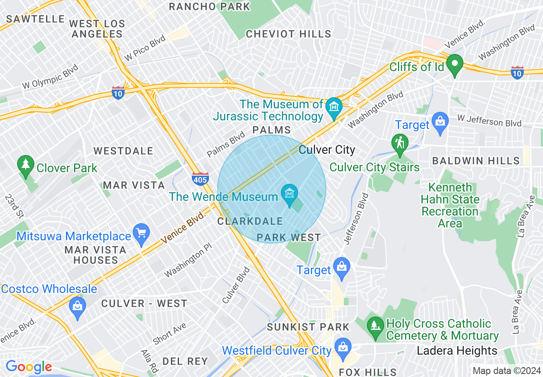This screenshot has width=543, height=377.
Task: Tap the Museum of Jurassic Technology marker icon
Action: coord(333,107)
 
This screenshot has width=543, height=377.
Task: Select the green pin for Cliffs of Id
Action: coord(454,65)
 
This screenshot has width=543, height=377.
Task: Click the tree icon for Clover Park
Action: coord(26,165)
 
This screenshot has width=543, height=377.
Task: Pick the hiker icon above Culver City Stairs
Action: coord(400,144)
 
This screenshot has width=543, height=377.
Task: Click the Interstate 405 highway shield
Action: coord(200,179)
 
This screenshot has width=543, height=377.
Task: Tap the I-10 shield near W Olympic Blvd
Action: coord(118,93)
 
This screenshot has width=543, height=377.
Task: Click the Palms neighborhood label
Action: coord(271,130)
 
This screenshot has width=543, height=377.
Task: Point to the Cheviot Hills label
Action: coord(289,34)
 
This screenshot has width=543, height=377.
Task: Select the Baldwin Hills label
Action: coord(476,161)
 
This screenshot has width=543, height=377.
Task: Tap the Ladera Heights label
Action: coord(457,351)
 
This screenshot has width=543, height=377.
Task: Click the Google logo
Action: coord(28,367)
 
